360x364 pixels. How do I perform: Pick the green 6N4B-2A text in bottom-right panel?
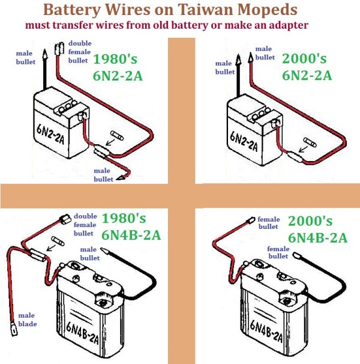pyautogui.click(x=317, y=237)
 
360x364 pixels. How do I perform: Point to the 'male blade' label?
pyautogui.click(x=27, y=320)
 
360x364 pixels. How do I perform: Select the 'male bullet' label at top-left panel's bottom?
pyautogui.click(x=103, y=175)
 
